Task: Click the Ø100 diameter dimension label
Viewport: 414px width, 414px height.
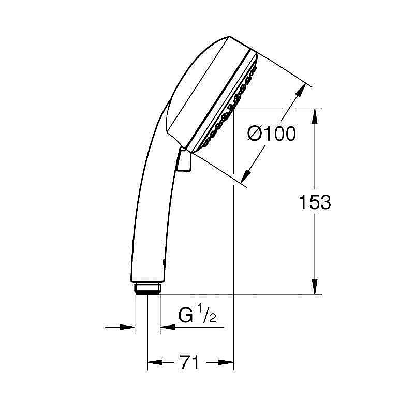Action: (272, 134)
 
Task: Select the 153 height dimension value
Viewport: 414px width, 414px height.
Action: (314, 202)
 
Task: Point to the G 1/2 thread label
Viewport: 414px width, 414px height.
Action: (197, 315)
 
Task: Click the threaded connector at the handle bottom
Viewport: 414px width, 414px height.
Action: (147, 288)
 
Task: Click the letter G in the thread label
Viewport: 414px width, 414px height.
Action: (185, 315)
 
